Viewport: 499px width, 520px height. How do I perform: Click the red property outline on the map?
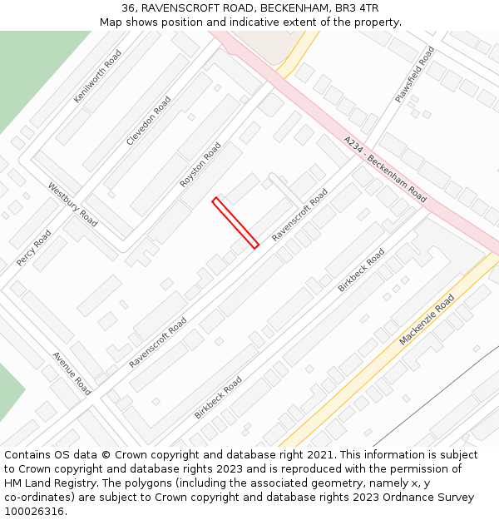click(x=236, y=223)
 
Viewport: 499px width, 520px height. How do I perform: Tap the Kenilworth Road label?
click(x=97, y=76)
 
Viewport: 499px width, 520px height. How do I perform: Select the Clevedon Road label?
click(x=149, y=121)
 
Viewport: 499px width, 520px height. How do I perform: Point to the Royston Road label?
click(x=200, y=165)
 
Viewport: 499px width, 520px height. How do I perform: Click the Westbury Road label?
click(x=72, y=205)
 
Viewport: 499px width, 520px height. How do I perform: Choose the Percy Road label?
click(x=33, y=248)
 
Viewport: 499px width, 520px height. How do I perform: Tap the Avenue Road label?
click(x=72, y=373)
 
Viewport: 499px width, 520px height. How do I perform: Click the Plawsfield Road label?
click(x=415, y=74)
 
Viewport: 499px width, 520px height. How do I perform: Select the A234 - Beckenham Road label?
click(x=385, y=170)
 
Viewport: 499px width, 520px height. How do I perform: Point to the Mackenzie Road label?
click(x=427, y=319)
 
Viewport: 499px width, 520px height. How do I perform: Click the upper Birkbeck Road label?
click(x=362, y=270)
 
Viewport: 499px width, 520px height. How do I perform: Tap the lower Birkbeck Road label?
click(x=219, y=397)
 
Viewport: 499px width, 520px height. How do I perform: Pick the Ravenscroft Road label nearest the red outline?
click(x=300, y=215)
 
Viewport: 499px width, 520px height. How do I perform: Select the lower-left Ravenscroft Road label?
click(x=158, y=341)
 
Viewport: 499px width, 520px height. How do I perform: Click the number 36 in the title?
click(x=129, y=7)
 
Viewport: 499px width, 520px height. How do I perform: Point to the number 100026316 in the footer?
click(x=32, y=512)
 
